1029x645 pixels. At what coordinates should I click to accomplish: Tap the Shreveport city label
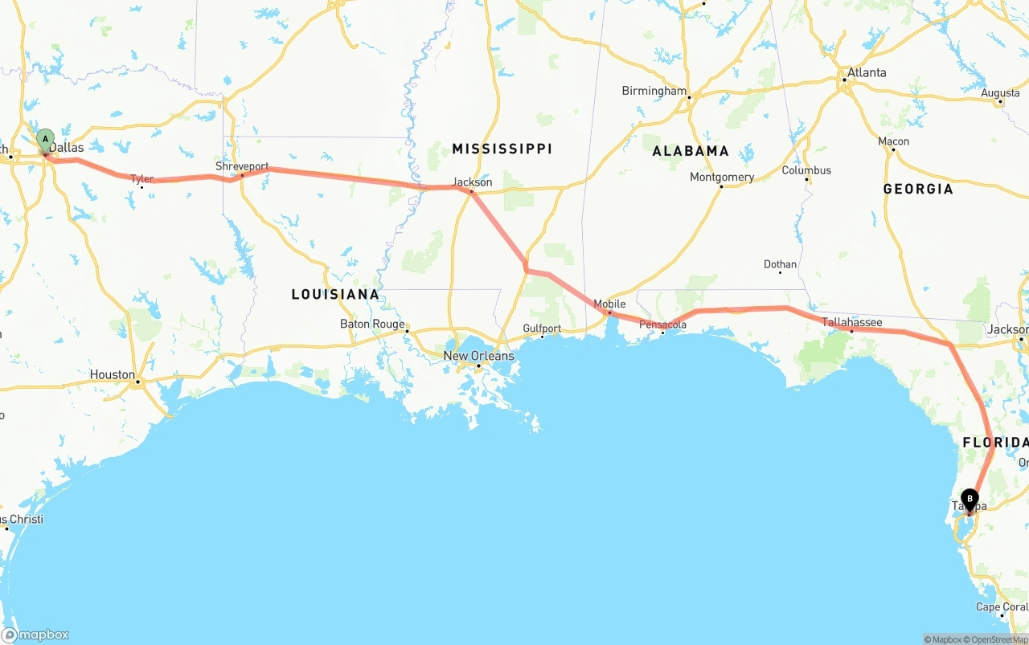242,166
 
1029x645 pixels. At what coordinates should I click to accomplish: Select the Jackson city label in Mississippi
472,182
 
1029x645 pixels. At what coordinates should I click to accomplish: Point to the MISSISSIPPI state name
502,149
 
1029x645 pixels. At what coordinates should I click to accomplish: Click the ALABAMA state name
691,151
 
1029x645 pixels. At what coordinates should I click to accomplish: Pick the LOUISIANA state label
335,295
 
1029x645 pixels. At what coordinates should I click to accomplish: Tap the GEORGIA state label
918,189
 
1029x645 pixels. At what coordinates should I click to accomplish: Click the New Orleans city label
478,356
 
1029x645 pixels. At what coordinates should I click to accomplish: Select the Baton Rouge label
372,324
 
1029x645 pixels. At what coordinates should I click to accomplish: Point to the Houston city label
113,374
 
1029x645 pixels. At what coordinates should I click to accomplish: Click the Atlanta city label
867,72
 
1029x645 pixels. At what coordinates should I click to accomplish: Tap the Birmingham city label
654,91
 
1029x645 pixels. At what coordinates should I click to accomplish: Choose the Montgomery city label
722,177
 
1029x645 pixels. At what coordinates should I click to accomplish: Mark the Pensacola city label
663,325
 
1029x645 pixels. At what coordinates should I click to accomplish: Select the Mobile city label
609,304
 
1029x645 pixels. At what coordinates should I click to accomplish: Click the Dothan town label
780,263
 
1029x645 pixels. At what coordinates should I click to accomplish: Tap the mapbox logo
35,635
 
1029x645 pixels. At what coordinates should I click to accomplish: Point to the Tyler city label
142,178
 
